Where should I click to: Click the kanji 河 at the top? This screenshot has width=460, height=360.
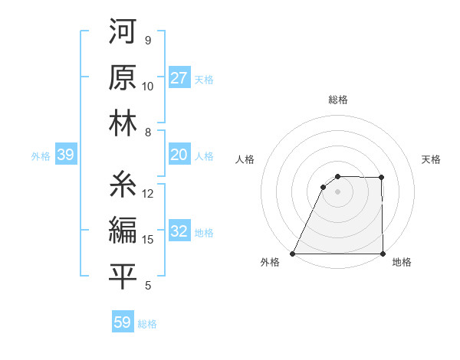pyautogui.click(x=123, y=33)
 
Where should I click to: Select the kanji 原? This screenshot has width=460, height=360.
pyautogui.click(x=123, y=78)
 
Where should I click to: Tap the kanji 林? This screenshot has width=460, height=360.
pyautogui.click(x=123, y=124)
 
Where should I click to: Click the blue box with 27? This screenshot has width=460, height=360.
pyautogui.click(x=179, y=77)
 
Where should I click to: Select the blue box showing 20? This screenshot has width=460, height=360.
pyautogui.click(x=179, y=155)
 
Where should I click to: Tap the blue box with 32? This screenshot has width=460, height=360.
pyautogui.click(x=179, y=231)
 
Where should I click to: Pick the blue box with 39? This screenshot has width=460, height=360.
pyautogui.click(x=65, y=155)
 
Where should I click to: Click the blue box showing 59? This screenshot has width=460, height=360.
pyautogui.click(x=123, y=322)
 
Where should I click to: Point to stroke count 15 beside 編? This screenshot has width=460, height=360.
pyautogui.click(x=148, y=240)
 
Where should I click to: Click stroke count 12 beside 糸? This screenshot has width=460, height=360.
pyautogui.click(x=148, y=194)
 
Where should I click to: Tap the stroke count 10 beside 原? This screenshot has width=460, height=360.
pyautogui.click(x=148, y=87)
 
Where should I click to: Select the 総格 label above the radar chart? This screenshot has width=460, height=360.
pyautogui.click(x=337, y=100)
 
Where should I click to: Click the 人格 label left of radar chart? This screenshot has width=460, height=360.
pyautogui.click(x=245, y=159)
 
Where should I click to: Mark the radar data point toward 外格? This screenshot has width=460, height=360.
pyautogui.click(x=293, y=254)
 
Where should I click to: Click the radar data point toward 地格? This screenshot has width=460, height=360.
pyautogui.click(x=382, y=254)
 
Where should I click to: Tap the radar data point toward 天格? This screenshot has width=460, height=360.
pyautogui.click(x=382, y=178)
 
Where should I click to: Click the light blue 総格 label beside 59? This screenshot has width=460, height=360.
pyautogui.click(x=147, y=323)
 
